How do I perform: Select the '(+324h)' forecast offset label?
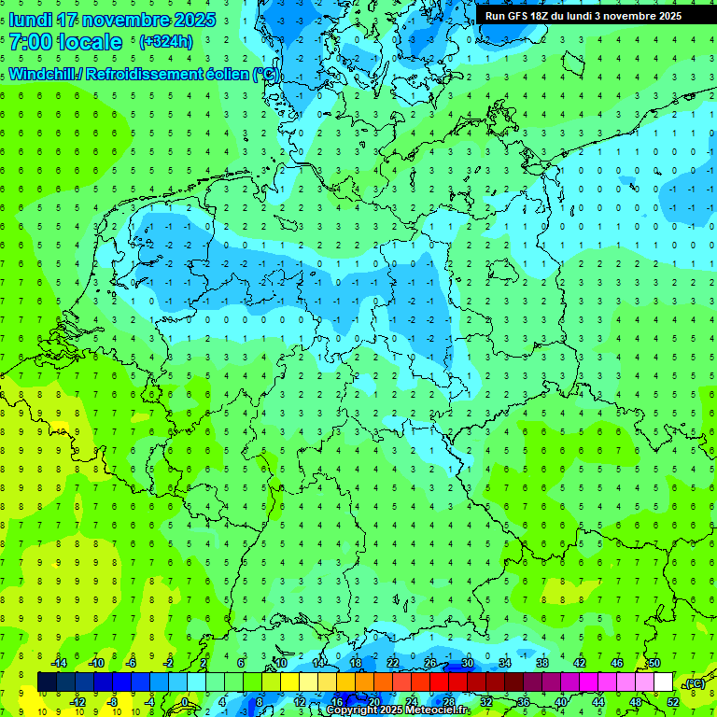166,42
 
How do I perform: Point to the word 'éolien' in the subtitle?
218,75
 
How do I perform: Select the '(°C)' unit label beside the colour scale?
694,683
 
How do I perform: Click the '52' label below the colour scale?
673,701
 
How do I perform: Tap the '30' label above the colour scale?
468,663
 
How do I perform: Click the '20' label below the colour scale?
374,701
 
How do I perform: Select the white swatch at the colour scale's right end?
664,682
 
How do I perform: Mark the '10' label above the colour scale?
281,663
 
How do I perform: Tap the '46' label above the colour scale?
617,663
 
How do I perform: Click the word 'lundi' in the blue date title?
30,20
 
